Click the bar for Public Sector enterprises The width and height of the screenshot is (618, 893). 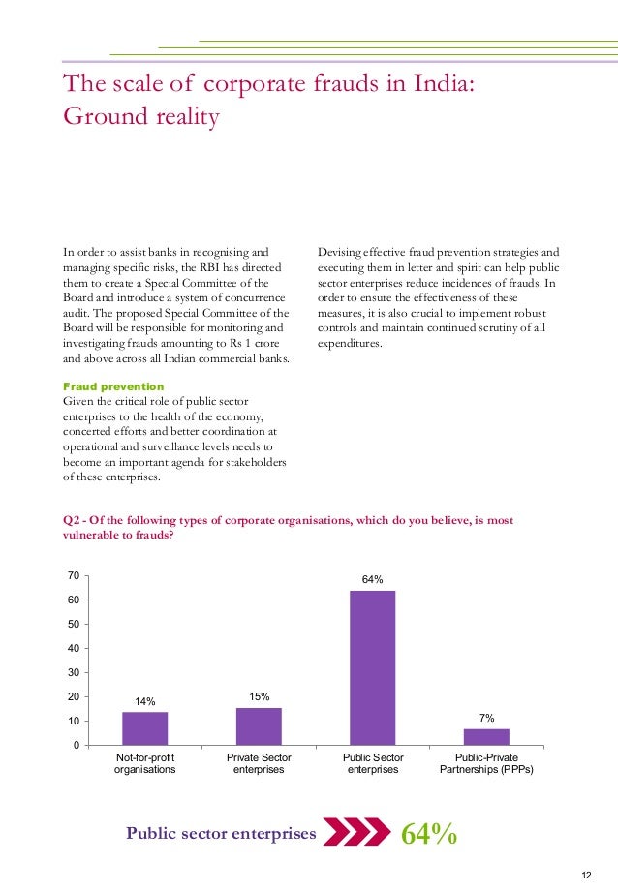372,667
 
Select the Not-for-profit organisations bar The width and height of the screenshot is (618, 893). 144,728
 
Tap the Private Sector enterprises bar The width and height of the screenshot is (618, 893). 259,726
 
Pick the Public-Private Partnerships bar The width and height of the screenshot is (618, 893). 486,736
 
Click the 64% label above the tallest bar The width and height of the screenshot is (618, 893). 372,579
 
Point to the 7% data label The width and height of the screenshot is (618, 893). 486,718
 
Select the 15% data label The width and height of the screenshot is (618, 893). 259,696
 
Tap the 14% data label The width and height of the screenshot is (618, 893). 144,701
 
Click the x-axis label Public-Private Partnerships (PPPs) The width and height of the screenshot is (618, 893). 486,763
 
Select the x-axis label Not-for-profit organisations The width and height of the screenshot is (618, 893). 144,763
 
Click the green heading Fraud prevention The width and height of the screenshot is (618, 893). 112,386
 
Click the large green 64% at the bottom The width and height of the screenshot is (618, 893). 429,834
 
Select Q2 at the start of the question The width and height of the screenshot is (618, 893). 70,520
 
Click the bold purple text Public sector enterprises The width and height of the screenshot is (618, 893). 221,834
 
